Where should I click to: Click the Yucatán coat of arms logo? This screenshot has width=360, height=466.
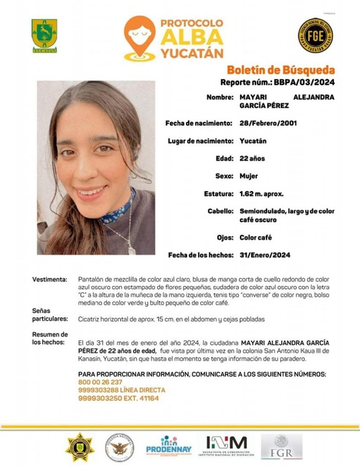(45, 36)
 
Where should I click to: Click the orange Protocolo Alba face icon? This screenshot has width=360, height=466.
(140, 38)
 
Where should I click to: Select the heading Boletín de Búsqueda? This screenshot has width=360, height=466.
(281, 70)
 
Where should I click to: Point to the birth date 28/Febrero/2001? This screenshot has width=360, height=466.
(268, 123)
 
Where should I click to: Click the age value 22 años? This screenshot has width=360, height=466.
(252, 158)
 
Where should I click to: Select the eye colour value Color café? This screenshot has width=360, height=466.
(255, 238)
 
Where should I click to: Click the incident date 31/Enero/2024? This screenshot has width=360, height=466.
(265, 255)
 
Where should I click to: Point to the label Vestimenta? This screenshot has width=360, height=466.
(50, 280)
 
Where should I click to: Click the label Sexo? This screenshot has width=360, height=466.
(223, 176)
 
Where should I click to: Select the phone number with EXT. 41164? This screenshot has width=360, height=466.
(119, 398)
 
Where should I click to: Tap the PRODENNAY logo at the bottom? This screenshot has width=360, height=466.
(169, 446)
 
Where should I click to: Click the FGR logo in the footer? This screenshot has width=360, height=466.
(282, 447)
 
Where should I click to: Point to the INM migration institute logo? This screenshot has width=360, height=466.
(226, 446)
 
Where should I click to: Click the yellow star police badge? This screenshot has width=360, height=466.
(80, 447)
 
